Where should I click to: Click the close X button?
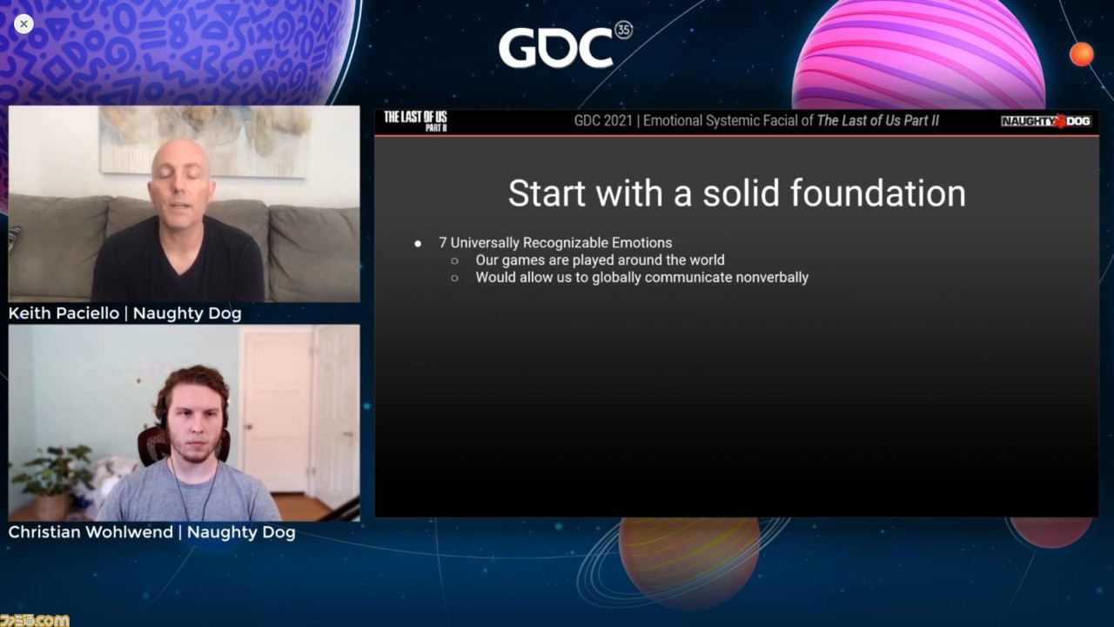[x=23, y=24]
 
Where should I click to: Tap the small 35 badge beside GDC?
[x=624, y=30]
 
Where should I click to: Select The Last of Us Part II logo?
[x=415, y=121]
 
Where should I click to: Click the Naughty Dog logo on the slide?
[x=1046, y=121]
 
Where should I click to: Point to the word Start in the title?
[x=547, y=193]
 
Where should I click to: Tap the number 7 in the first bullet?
[x=443, y=243]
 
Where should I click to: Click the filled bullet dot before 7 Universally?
[x=418, y=244]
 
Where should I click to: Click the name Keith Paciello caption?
[x=64, y=313]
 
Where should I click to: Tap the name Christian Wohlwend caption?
[x=91, y=532]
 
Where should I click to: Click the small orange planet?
[x=1082, y=54]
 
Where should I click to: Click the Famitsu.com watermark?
[x=34, y=620]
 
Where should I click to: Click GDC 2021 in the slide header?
[x=603, y=121]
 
